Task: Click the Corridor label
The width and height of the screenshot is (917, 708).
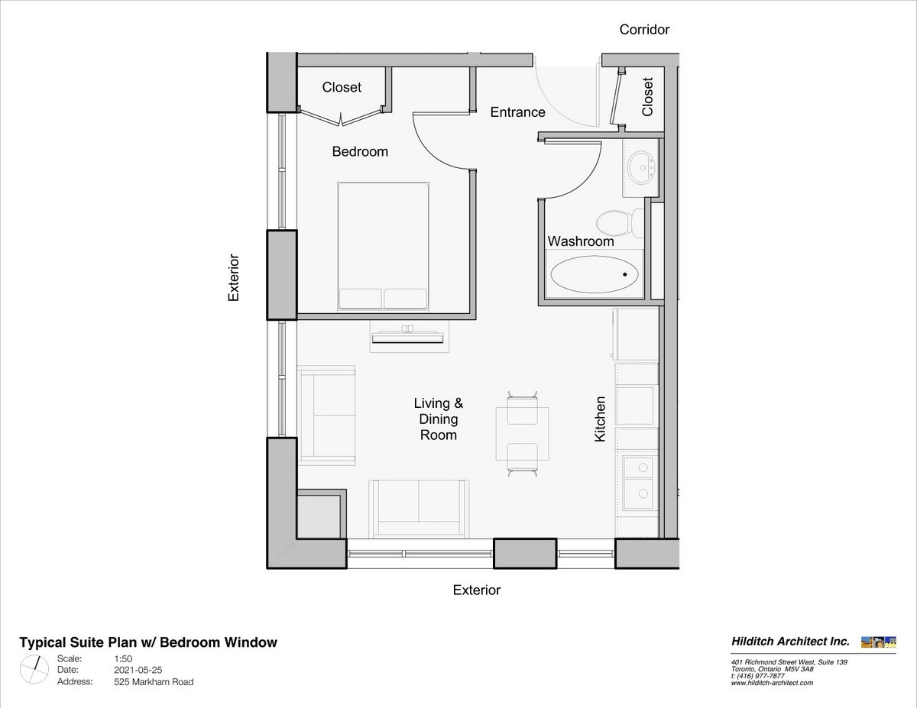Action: (644, 30)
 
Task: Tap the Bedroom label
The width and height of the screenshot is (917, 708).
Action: (360, 151)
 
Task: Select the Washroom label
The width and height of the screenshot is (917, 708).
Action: (581, 241)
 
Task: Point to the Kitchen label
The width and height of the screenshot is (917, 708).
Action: (600, 419)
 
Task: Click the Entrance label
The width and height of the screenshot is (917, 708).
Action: (517, 112)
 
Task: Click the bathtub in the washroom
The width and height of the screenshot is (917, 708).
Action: (595, 274)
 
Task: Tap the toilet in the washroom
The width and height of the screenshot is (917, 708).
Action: (620, 223)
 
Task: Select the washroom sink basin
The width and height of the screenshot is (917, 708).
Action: (640, 168)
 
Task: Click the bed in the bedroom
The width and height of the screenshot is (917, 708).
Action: (383, 247)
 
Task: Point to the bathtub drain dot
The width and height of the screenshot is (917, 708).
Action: (624, 274)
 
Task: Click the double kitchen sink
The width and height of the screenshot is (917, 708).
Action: (638, 483)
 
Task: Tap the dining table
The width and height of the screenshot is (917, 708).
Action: (523, 434)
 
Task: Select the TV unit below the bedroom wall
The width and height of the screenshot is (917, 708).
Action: (407, 337)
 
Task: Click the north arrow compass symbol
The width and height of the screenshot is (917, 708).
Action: (34, 670)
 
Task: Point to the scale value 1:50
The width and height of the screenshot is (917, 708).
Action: (123, 658)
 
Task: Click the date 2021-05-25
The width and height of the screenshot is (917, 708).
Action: (138, 670)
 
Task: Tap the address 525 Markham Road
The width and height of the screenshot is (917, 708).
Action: (154, 682)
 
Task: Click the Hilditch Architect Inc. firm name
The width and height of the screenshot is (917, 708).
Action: (790, 642)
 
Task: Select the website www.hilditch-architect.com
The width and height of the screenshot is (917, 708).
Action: (772, 683)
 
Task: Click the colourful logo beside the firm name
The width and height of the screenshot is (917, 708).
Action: (879, 642)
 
